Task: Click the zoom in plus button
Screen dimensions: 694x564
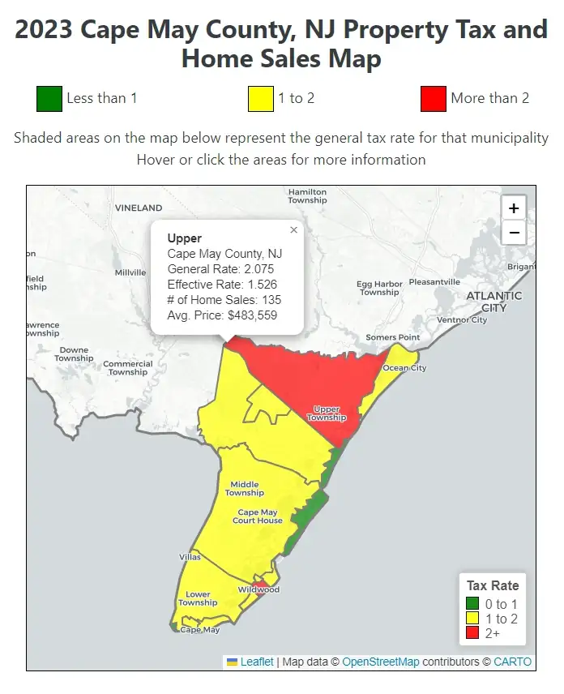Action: click(x=514, y=208)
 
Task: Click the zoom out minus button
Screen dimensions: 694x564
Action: click(x=514, y=233)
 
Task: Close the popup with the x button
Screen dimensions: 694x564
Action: click(x=293, y=230)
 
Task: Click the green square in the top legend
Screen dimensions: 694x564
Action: click(x=49, y=98)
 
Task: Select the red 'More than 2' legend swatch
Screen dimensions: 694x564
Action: click(x=434, y=98)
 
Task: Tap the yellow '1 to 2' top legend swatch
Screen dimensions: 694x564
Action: click(x=260, y=98)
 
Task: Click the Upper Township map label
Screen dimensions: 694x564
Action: click(x=326, y=413)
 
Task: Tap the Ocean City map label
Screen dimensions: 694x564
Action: click(x=404, y=368)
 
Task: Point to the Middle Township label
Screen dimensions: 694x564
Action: click(x=244, y=488)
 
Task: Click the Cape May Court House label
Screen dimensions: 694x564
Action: click(x=258, y=516)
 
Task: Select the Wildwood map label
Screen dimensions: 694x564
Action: click(x=258, y=589)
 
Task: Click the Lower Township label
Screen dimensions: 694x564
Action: click(x=198, y=598)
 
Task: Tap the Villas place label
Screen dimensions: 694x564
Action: click(x=190, y=557)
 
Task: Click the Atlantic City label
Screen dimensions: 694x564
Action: click(x=493, y=302)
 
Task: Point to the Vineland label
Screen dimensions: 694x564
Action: click(x=139, y=208)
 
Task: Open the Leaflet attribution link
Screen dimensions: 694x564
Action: click(x=256, y=662)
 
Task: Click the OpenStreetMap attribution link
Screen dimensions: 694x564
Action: click(x=380, y=662)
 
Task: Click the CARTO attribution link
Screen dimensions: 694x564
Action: click(x=512, y=662)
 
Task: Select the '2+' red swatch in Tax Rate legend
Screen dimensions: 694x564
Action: click(x=472, y=633)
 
